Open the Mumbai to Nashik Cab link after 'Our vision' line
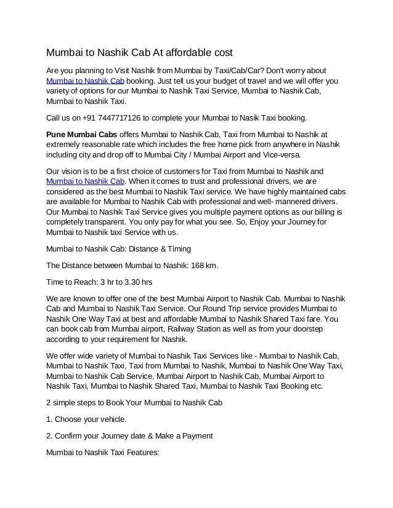(x=86, y=181)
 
